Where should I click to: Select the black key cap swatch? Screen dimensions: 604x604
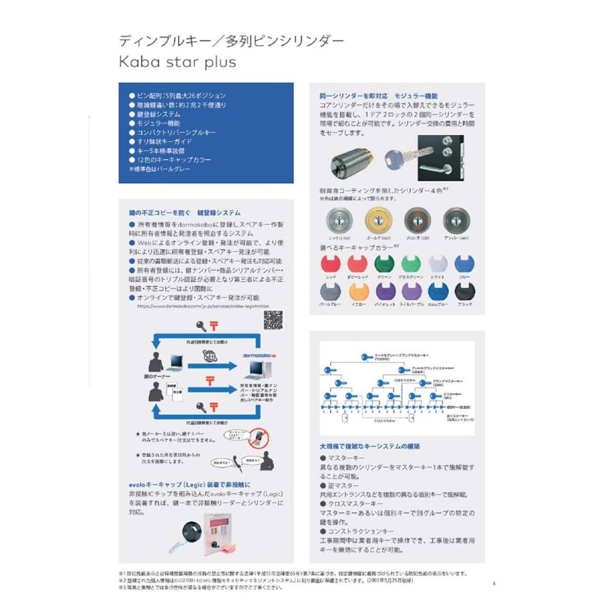coord(465,292)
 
